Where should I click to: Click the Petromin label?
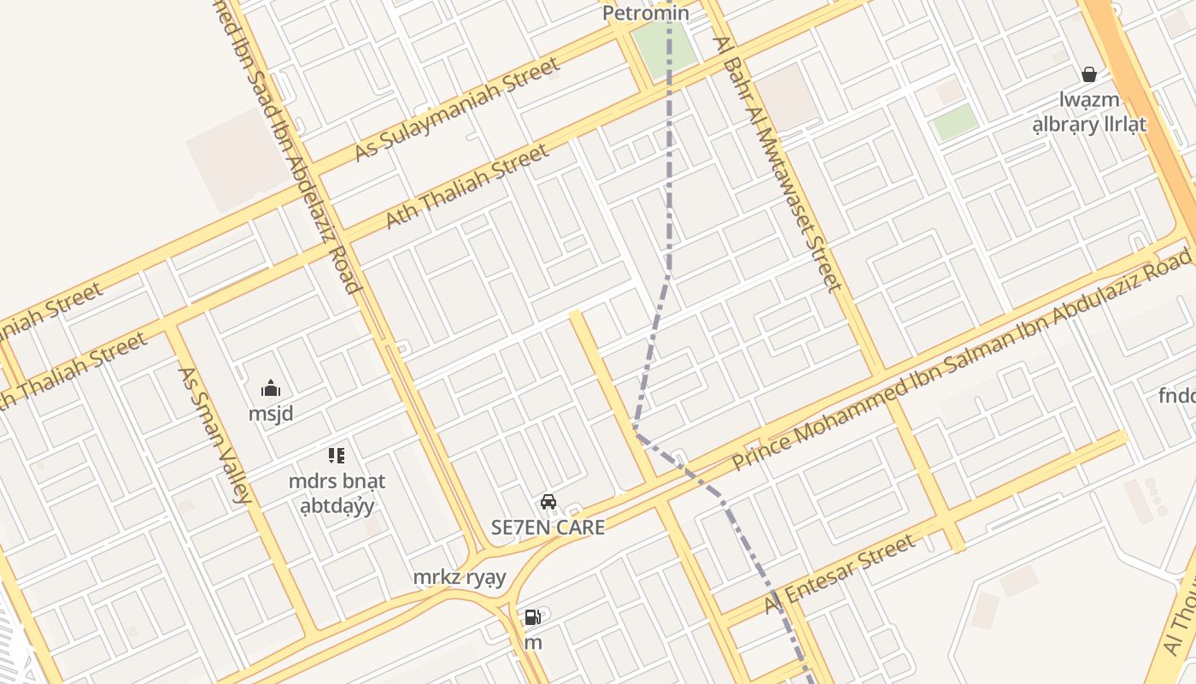pyautogui.click(x=645, y=14)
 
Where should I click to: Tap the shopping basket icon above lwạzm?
pyautogui.click(x=1089, y=75)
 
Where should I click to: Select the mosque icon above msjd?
pyautogui.click(x=271, y=388)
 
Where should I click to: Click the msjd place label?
pyautogui.click(x=271, y=415)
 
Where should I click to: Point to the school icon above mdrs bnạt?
pyautogui.click(x=337, y=456)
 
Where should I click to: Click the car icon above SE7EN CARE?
pyautogui.click(x=548, y=502)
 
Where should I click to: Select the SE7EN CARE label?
pyautogui.click(x=548, y=528)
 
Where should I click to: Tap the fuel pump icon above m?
pyautogui.click(x=532, y=616)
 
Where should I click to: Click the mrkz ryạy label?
pyautogui.click(x=460, y=578)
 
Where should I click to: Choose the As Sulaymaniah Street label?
pyautogui.click(x=457, y=109)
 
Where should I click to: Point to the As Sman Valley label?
pyautogui.click(x=214, y=434)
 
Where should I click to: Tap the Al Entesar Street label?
pyautogui.click(x=841, y=573)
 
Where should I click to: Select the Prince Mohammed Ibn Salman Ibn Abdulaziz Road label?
pyautogui.click(x=961, y=359)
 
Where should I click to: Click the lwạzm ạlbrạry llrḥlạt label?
pyautogui.click(x=1089, y=112)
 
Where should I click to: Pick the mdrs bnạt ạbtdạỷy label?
pyautogui.click(x=337, y=493)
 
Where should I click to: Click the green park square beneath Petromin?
pyautogui.click(x=664, y=47)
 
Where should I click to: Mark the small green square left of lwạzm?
pyautogui.click(x=955, y=123)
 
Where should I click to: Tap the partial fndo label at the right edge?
pyautogui.click(x=1177, y=396)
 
